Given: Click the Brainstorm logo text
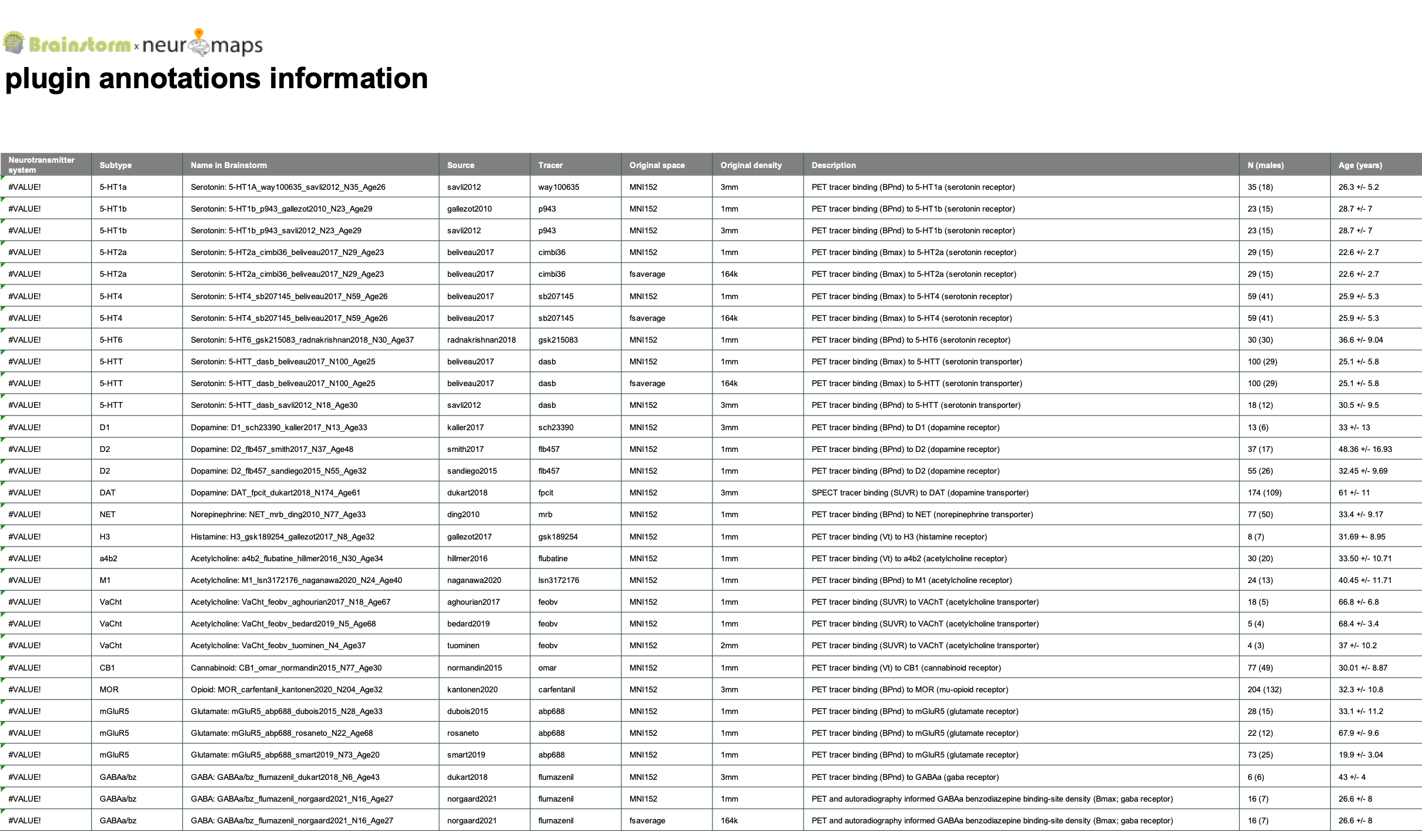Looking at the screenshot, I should click(79, 45).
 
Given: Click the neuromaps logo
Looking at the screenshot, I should click(202, 45).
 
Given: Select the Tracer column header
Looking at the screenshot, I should click(550, 165).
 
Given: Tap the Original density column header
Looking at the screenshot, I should click(751, 165).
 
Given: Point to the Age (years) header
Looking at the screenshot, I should click(1360, 165).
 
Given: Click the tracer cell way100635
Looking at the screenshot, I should click(558, 187).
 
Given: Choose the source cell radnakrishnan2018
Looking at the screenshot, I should click(481, 340).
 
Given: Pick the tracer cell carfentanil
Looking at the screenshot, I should click(556, 689).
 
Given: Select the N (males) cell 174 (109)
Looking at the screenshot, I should click(1264, 492).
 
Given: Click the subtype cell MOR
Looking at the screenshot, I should click(109, 689).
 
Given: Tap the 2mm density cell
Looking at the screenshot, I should click(729, 645).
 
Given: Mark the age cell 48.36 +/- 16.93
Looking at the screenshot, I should click(1365, 449).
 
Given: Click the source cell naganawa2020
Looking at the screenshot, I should click(474, 580).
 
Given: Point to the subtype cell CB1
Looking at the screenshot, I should click(107, 668).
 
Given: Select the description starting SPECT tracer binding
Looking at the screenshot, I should click(919, 492).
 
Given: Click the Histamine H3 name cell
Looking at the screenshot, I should click(282, 537).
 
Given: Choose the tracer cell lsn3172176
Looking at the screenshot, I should click(558, 580).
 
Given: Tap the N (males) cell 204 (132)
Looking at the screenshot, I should click(1264, 689).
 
